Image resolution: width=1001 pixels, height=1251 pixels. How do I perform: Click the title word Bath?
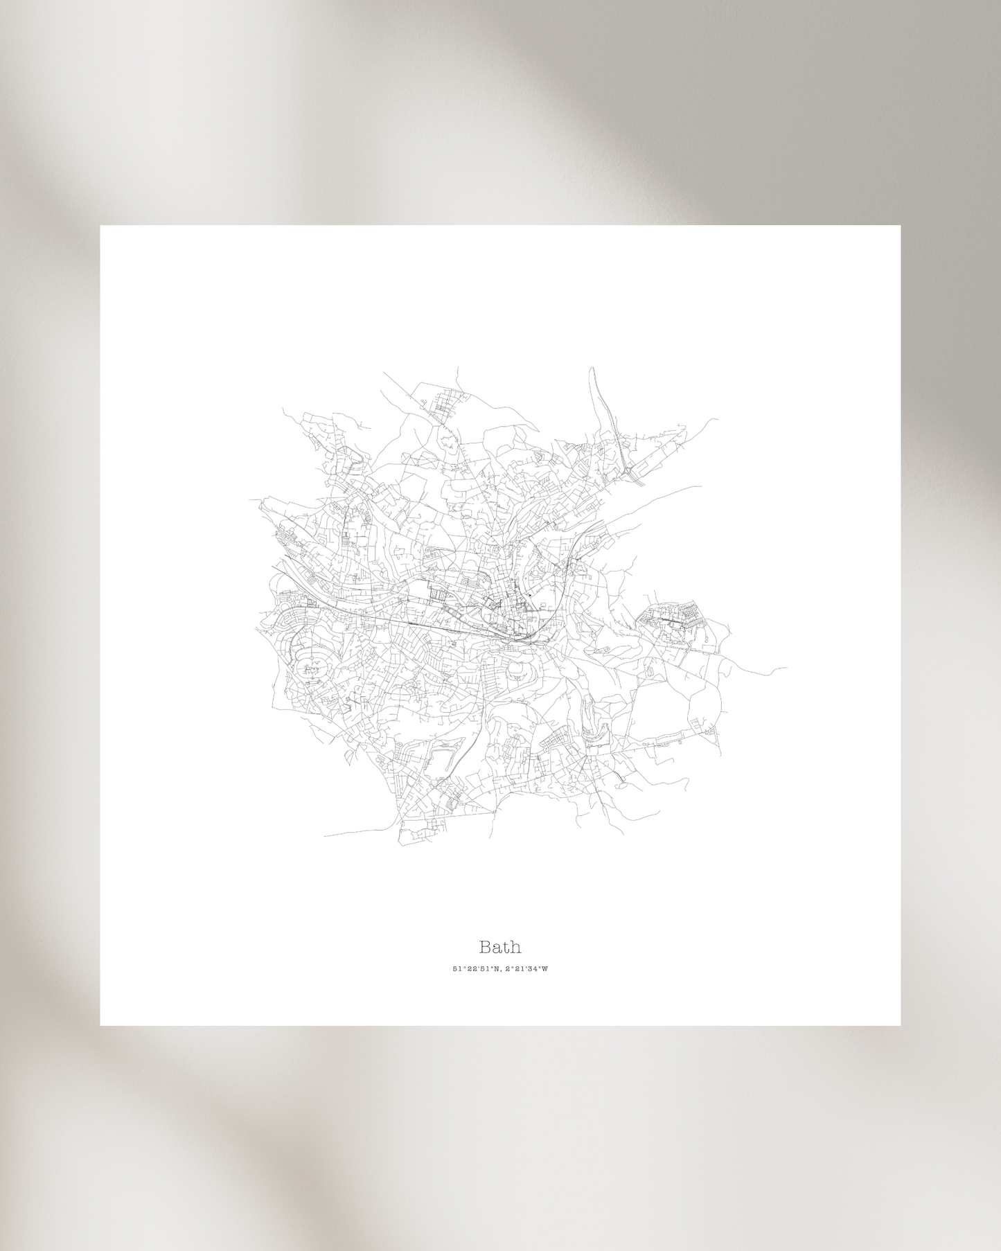click(x=500, y=947)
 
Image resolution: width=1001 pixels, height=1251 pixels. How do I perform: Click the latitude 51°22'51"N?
click(x=476, y=969)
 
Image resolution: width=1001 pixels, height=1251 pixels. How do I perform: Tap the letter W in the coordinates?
click(x=545, y=969)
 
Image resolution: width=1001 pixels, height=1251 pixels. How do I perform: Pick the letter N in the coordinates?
click(x=496, y=969)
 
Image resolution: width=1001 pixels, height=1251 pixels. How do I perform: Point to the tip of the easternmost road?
click(x=787, y=668)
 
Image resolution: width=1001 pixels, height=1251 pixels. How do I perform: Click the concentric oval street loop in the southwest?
click(x=311, y=666)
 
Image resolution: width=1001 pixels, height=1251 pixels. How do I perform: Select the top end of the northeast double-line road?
click(x=592, y=369)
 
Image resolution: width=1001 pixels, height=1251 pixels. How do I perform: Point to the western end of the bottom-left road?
click(x=324, y=835)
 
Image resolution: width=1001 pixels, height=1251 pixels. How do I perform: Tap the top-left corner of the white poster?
click(x=100, y=226)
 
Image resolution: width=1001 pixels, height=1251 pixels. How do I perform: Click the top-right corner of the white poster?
click(x=900, y=226)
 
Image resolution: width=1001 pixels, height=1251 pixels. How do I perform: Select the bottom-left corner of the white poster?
click(x=100, y=1024)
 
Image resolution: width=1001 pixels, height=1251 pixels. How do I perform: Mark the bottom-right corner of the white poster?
click(x=900, y=1024)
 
